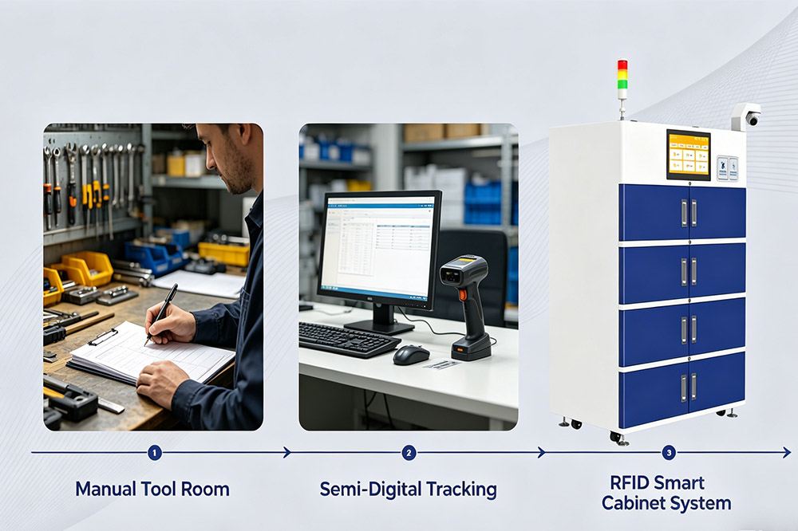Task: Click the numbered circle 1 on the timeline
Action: click(x=155, y=453)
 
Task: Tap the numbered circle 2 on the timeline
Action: click(x=409, y=453)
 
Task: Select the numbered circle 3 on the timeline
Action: click(x=669, y=453)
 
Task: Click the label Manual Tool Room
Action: click(x=152, y=489)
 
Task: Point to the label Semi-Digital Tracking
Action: click(x=408, y=489)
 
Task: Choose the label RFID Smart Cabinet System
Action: click(x=666, y=493)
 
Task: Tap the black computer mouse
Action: click(x=411, y=355)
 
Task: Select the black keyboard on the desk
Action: click(x=348, y=340)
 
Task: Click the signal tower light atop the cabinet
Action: click(x=622, y=79)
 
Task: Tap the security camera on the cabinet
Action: click(x=747, y=116)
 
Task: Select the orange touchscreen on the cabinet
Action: click(x=688, y=154)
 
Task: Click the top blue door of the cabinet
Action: click(x=682, y=212)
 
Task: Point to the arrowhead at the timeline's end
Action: click(x=786, y=453)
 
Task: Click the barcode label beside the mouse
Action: click(x=441, y=364)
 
